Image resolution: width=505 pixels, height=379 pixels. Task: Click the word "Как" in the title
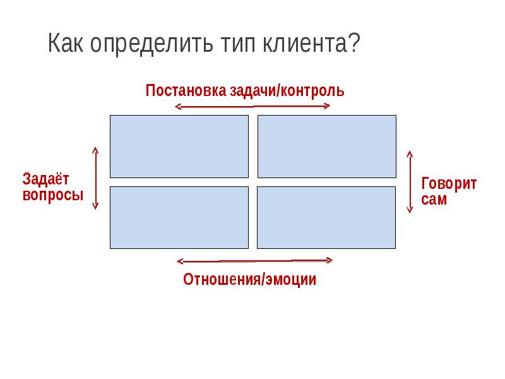tap(67, 45)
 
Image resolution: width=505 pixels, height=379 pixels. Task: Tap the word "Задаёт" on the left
tap(47, 179)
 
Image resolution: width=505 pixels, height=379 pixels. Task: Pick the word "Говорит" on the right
tap(449, 184)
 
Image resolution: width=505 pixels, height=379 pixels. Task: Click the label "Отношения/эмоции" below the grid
tap(249, 279)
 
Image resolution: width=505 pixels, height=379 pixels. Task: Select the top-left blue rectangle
tap(179, 146)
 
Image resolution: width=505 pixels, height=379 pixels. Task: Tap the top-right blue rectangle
tap(327, 146)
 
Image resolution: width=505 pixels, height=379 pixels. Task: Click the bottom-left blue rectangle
tap(179, 217)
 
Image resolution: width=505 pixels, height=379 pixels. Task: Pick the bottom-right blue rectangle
tap(327, 217)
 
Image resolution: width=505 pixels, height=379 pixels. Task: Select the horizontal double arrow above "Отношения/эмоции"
tap(255, 260)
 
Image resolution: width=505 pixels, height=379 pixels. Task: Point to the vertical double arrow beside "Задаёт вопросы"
tap(95, 177)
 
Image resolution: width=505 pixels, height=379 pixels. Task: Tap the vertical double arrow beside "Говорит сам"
tap(410, 181)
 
